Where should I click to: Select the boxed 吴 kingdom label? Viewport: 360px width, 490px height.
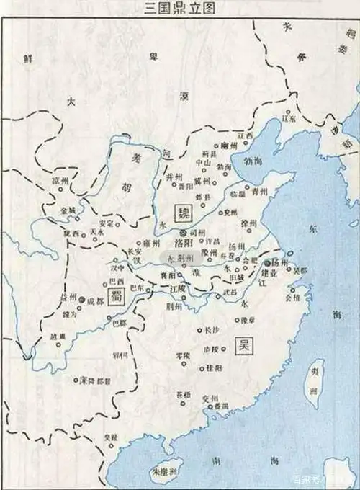(x=243, y=348)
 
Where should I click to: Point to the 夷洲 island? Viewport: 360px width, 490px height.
(x=313, y=382)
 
